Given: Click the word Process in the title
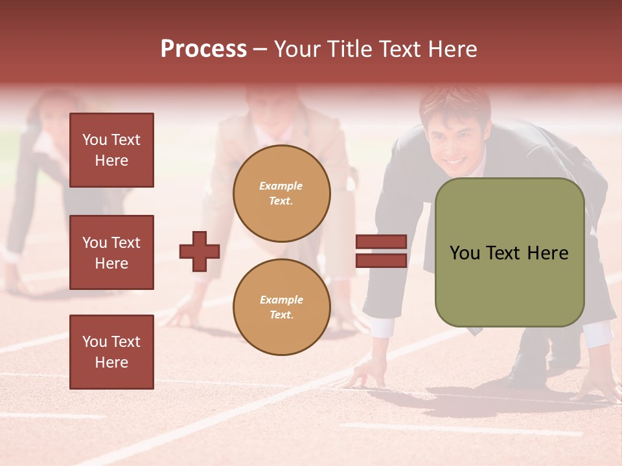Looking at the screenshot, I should coord(203,49).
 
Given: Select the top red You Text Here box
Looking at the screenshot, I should coord(111,150).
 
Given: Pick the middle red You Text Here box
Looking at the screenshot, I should coord(111,252).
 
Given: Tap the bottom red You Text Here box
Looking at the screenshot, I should coord(111,352).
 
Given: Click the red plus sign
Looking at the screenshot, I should coord(200,251).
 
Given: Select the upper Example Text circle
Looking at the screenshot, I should coord(281,194).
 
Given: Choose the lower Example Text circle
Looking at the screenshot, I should coord(281,307).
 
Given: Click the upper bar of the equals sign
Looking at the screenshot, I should coord(381,242).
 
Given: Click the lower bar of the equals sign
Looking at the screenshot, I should coord(381,260).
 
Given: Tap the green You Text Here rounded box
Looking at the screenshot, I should coord(509,252).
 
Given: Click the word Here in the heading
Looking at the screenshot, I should coord(451,49).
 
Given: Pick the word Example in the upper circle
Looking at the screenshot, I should coord(281,186).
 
